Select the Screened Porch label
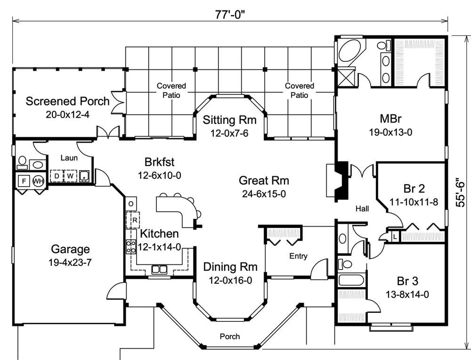click(67, 101)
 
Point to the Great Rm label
click(264, 180)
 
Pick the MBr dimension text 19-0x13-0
click(390, 132)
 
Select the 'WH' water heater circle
click(37, 180)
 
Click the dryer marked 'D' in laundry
click(57, 176)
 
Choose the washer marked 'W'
click(70, 176)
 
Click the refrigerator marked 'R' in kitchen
click(134, 219)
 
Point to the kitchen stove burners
click(130, 247)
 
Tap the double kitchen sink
click(159, 270)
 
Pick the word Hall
click(362, 208)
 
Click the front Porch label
click(229, 336)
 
